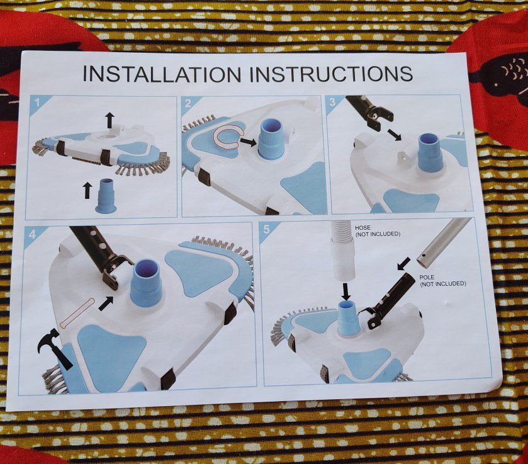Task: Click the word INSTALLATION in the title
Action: coord(162,74)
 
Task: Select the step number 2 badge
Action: coord(188,103)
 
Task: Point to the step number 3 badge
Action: coord(333,102)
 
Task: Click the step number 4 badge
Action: coord(32,234)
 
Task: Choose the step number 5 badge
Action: coord(267,229)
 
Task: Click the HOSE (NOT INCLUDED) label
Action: coord(378,231)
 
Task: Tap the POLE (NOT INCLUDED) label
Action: coord(443,280)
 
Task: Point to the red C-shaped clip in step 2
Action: coord(227,138)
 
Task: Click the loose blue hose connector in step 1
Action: coord(106,196)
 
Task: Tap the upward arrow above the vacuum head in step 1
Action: coord(110,120)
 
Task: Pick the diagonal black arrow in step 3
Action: coord(393,135)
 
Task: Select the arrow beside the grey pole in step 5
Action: coord(405,264)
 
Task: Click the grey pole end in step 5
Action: coord(443,242)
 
